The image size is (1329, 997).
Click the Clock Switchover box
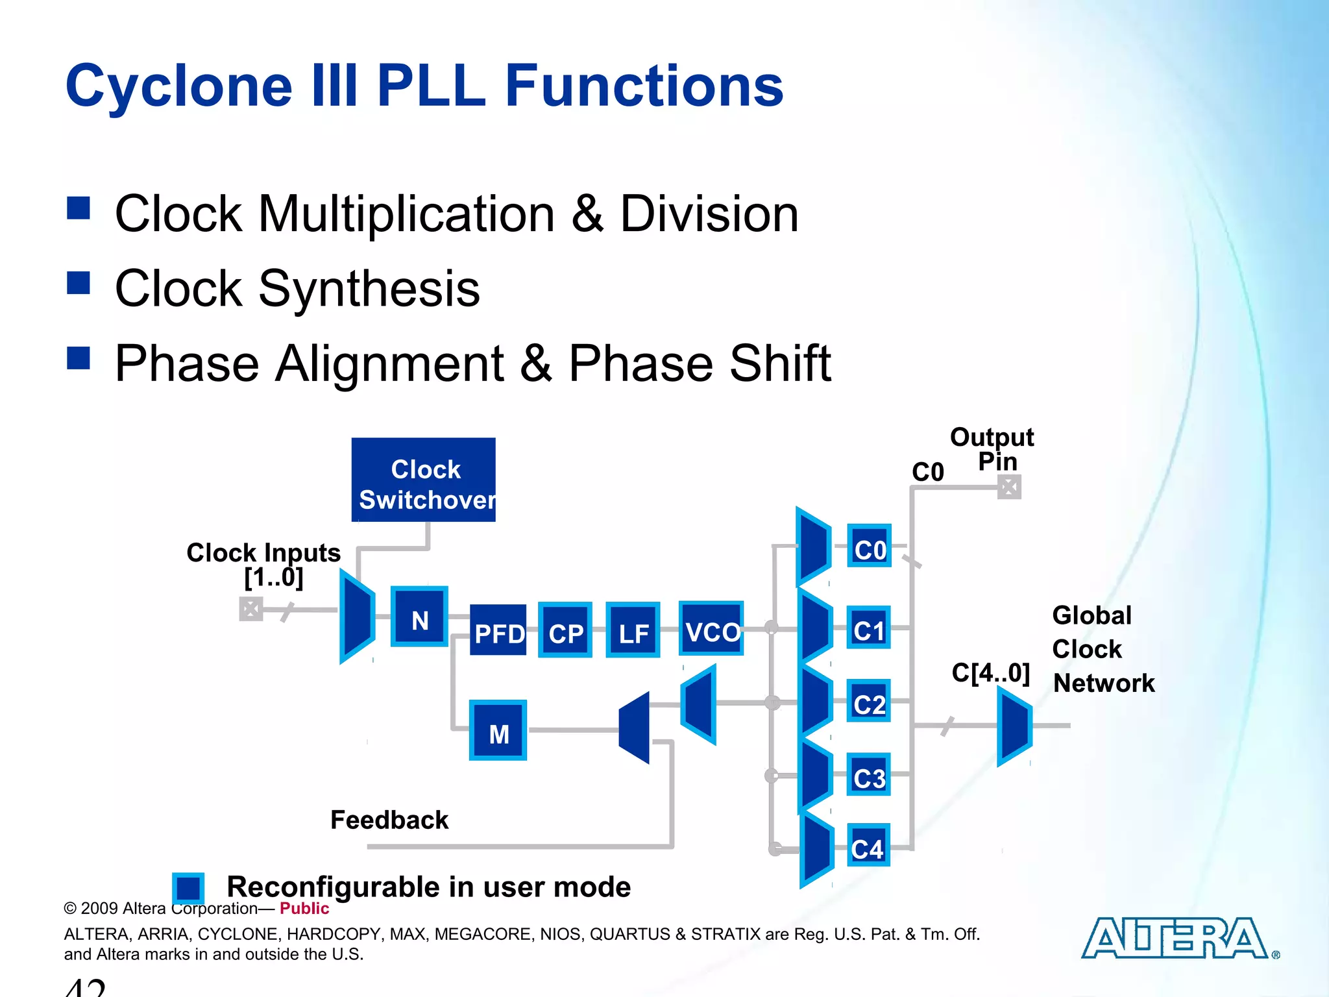pos(423,480)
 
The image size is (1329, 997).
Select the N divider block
pos(419,617)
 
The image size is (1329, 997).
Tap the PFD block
pos(498,631)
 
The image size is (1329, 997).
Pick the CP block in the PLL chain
pos(565,630)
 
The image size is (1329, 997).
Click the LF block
pos(633,630)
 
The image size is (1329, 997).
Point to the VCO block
pos(711,628)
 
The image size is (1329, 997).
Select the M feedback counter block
pos(498,730)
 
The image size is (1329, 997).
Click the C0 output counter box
pos(869,546)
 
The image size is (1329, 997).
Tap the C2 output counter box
pos(868,701)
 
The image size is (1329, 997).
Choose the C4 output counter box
pos(868,845)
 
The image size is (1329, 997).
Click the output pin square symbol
pos(1009,487)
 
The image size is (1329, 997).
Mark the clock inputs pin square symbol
pos(251,609)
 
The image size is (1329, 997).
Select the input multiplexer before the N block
pos(357,617)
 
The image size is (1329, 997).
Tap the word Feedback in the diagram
pos(389,820)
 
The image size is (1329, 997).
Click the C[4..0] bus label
pos(990,673)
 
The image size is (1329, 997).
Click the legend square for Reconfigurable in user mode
pos(188,887)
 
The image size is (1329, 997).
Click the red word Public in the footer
pos(304,909)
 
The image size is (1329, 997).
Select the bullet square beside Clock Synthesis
pos(79,283)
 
